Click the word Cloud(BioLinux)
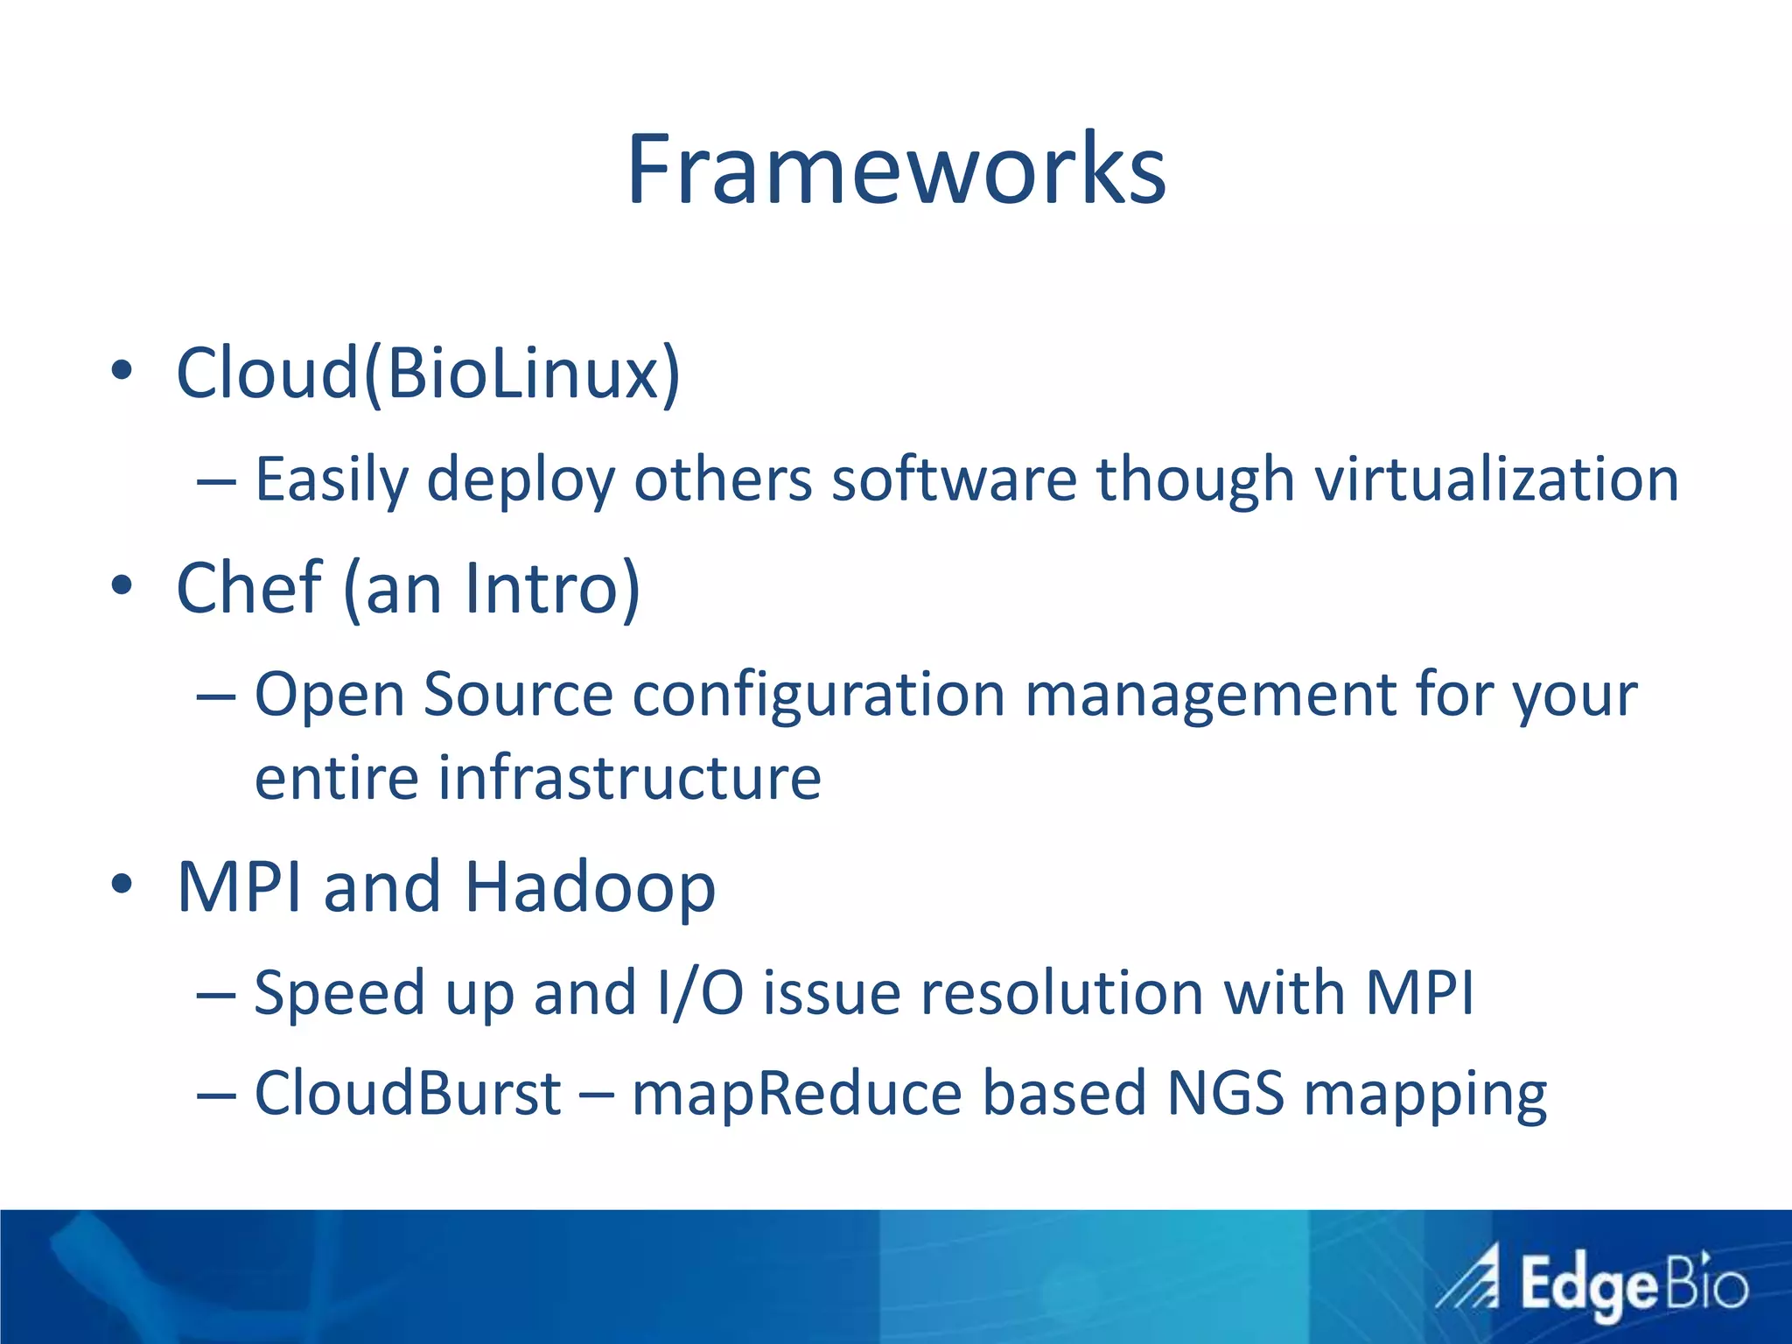(428, 374)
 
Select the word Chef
(249, 587)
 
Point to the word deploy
(521, 481)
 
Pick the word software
(954, 479)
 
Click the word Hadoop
(590, 888)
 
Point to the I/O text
(700, 993)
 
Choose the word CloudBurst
(408, 1093)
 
